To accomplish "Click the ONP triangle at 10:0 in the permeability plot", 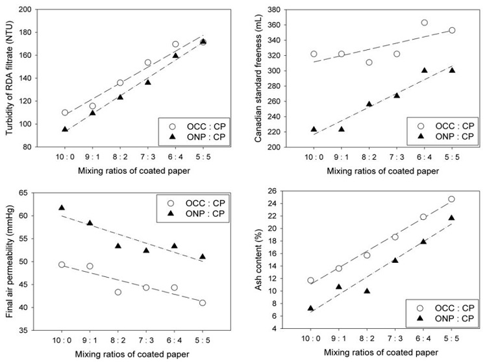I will tap(62, 208).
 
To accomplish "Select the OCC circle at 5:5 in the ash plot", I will tap(451, 199).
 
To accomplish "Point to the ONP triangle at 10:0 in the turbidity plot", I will tap(65, 129).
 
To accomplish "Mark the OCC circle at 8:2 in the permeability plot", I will tap(118, 292).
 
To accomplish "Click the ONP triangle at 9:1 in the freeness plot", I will tap(341, 129).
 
